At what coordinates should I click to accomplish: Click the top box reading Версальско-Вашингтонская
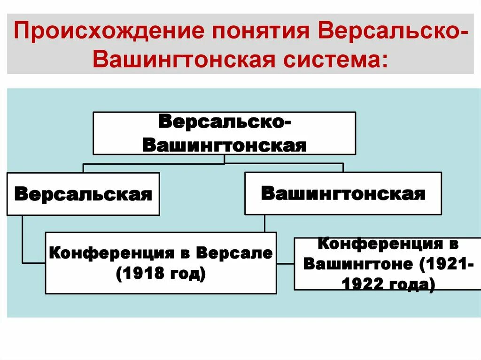(x=224, y=133)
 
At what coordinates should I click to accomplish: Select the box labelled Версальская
(x=83, y=194)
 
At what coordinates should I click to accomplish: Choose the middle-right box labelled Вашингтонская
(x=343, y=193)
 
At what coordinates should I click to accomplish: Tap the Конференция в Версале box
(x=161, y=263)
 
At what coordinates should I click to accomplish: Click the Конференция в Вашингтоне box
(x=387, y=264)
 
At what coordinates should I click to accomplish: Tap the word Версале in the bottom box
(x=234, y=253)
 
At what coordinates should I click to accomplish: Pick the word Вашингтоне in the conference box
(x=358, y=264)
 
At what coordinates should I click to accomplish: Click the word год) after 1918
(x=184, y=272)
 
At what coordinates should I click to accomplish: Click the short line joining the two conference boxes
(x=285, y=263)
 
